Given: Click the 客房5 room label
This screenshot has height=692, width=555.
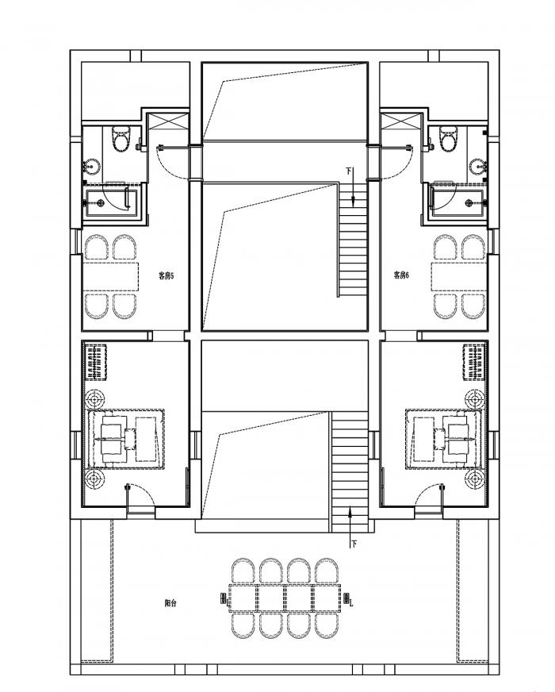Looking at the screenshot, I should [166, 275].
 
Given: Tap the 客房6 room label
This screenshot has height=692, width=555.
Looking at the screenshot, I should [400, 275].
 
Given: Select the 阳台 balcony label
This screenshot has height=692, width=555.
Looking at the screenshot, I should [170, 603].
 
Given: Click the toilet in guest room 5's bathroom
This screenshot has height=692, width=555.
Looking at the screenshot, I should [121, 139].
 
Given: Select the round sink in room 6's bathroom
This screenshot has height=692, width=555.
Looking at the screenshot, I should [477, 167].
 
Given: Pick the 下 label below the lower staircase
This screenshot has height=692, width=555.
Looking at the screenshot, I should [354, 544].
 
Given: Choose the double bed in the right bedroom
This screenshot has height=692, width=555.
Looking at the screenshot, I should [444, 436].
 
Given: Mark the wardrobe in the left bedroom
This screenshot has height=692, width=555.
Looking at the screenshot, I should [96, 363].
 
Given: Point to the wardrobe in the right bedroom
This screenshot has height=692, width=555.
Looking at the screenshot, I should [474, 363].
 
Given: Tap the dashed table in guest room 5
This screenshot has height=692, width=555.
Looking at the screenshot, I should [111, 277].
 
